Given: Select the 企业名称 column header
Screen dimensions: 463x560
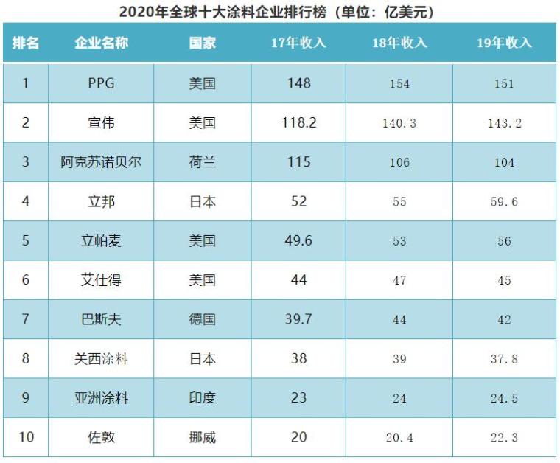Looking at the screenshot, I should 101,43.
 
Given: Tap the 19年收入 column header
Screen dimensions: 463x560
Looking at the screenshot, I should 504,43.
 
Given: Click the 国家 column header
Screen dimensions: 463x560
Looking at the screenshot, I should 202,43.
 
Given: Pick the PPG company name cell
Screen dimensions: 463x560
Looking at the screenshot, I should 101,83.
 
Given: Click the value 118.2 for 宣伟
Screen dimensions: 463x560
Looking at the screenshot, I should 298,122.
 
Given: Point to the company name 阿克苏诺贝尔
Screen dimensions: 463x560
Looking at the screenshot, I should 101,162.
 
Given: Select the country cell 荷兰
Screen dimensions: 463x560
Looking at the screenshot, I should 202,162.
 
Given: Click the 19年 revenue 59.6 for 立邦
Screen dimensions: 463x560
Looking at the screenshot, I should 504,201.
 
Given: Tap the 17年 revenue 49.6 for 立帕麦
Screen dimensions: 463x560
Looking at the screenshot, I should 298,240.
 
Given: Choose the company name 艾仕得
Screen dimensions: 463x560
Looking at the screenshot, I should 101,280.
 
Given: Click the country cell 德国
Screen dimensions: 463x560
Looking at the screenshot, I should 202,319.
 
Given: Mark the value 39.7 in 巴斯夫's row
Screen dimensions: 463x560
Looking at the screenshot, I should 298,319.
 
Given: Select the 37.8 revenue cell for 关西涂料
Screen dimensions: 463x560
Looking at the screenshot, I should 504,359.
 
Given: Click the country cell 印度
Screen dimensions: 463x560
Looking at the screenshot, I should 202,398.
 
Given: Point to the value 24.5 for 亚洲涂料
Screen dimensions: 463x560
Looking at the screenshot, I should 504,398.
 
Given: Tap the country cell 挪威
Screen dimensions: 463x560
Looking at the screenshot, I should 202,437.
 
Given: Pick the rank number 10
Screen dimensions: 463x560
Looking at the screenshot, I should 26,437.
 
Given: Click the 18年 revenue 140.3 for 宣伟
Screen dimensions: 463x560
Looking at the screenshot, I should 399,123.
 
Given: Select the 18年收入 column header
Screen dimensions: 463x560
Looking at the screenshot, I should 399,43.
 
